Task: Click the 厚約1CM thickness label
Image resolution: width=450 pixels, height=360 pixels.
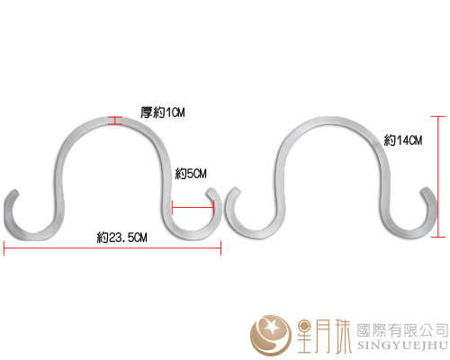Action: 163,112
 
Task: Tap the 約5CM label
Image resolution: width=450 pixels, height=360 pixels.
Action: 191,174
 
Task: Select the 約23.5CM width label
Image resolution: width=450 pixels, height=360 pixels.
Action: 122,238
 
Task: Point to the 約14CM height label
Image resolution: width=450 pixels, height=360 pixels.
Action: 403,140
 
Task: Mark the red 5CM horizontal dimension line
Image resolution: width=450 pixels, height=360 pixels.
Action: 193,207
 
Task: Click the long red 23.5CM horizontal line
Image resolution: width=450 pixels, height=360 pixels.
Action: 112,248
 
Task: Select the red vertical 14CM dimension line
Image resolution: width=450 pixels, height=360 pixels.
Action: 438,176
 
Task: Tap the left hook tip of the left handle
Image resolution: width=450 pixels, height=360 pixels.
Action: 14,193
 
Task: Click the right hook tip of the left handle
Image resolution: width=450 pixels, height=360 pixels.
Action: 211,192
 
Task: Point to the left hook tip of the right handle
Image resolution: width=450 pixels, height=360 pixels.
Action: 237,191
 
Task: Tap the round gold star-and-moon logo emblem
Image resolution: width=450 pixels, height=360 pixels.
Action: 271,335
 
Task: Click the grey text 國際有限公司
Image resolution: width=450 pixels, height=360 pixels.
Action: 402,330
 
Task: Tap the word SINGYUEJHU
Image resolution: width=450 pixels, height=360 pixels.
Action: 402,346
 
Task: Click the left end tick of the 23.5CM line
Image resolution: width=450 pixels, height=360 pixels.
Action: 4,248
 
